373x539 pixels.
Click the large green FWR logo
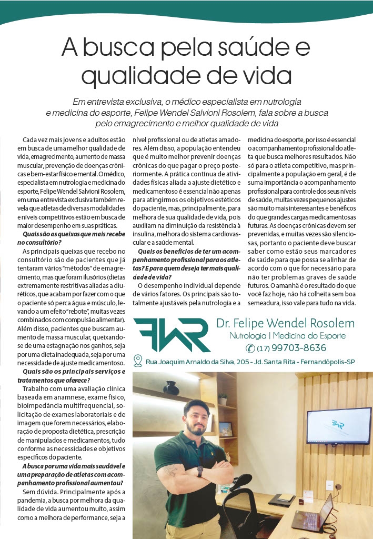tap(171, 335)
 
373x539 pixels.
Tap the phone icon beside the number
tap(250, 348)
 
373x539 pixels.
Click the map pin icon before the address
tap(138, 361)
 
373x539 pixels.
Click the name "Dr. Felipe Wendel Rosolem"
tap(285, 323)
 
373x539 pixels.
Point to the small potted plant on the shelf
tap(223, 398)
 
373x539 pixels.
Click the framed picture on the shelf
tap(225, 429)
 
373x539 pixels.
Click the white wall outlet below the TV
tap(329, 485)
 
